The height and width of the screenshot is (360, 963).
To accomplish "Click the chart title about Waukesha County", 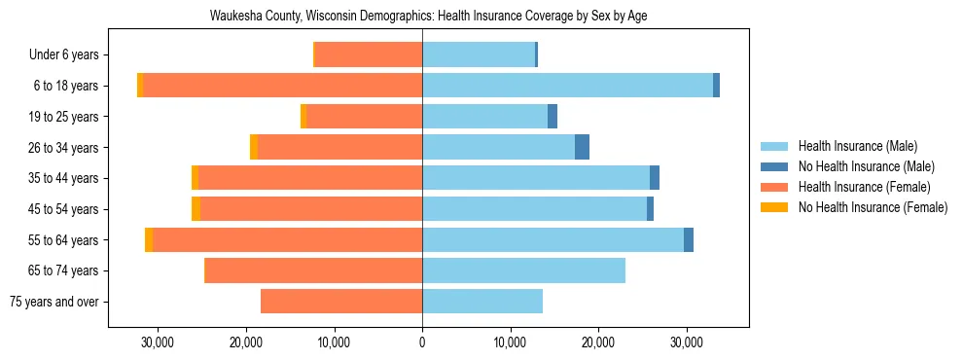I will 428,16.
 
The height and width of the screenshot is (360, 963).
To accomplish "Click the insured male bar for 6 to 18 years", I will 567,86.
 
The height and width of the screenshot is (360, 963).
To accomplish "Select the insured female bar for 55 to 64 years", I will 287,240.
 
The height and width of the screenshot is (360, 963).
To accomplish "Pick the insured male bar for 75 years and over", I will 482,302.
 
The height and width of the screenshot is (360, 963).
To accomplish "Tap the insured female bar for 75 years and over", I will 341,302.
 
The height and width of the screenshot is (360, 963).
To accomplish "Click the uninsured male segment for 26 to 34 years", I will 582,148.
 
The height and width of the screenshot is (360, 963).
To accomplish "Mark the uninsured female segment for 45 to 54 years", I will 196,209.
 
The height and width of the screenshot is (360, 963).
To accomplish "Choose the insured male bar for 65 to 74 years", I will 523,270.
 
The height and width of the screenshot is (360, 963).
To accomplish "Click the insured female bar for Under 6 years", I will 369,54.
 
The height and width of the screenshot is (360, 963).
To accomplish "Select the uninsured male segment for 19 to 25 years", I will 553,117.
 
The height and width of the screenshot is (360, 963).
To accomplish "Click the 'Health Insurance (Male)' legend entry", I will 857,146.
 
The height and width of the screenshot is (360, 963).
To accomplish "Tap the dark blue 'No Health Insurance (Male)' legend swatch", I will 774,166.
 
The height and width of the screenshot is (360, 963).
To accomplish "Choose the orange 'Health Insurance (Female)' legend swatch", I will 774,187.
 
